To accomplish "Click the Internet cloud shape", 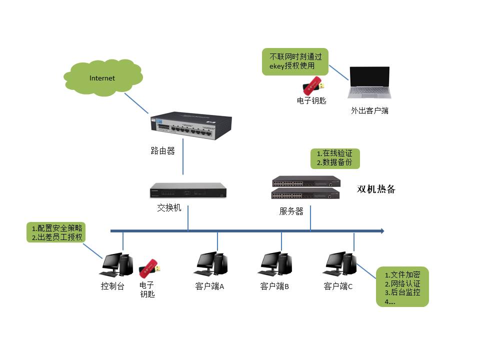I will tap(102, 78).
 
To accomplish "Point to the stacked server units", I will tap(306, 188).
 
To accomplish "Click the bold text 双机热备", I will tap(376, 189).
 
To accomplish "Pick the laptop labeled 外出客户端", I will tap(370, 82).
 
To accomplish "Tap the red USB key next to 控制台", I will tap(149, 269).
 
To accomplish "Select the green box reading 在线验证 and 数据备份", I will tap(334, 158).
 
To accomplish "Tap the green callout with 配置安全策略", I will tap(56, 232).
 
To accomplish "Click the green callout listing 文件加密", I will tap(402, 287).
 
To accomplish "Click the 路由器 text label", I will tap(162, 151).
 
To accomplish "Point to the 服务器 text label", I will tap(291, 211).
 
